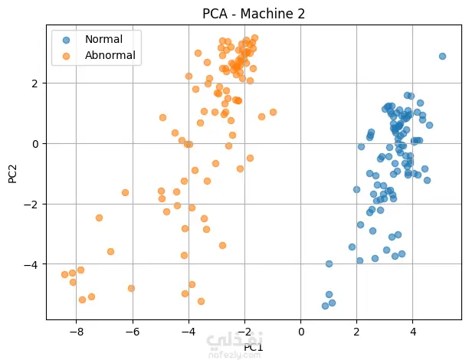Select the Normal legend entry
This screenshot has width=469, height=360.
pyautogui.click(x=104, y=38)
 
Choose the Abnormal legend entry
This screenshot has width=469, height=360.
pyautogui.click(x=110, y=54)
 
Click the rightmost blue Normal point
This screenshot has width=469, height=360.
pyautogui.click(x=442, y=56)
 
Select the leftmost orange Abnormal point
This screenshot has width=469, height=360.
pyautogui.click(x=65, y=274)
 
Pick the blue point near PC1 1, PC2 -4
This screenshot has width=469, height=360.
pyautogui.click(x=329, y=263)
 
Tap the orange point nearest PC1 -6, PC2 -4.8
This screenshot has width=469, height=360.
pyautogui.click(x=131, y=288)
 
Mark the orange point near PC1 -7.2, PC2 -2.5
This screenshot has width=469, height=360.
pyautogui.click(x=99, y=218)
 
